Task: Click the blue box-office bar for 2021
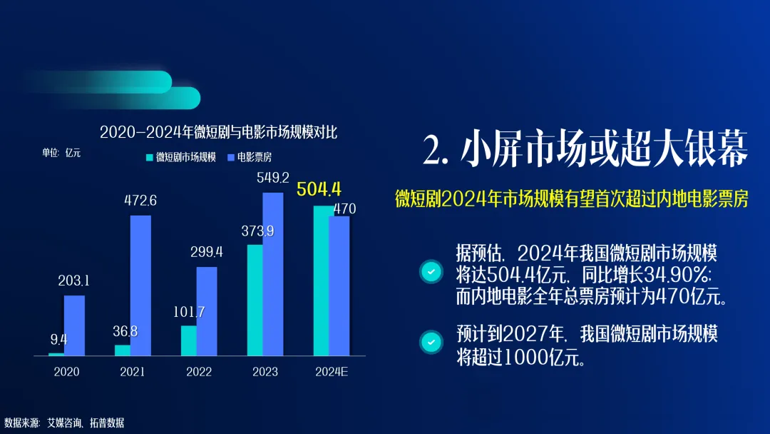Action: coord(140,286)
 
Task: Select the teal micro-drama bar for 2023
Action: coord(255,300)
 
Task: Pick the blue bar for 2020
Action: coord(74,325)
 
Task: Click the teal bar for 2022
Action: coord(188,340)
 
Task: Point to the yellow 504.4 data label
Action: coord(319,188)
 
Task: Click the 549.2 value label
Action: coord(273,178)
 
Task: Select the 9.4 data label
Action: coord(58,339)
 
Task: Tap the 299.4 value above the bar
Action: coord(207,252)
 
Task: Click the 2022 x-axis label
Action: coord(199,372)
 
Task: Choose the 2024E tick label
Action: coord(332,372)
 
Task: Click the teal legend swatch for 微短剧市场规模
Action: coord(150,157)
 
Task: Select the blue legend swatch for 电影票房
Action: coord(231,157)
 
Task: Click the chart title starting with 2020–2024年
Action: coord(219,132)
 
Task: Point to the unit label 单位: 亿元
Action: coord(61,153)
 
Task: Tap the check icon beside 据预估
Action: coord(431,271)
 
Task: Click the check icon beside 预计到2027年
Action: coord(431,342)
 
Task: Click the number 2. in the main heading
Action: coord(436,149)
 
